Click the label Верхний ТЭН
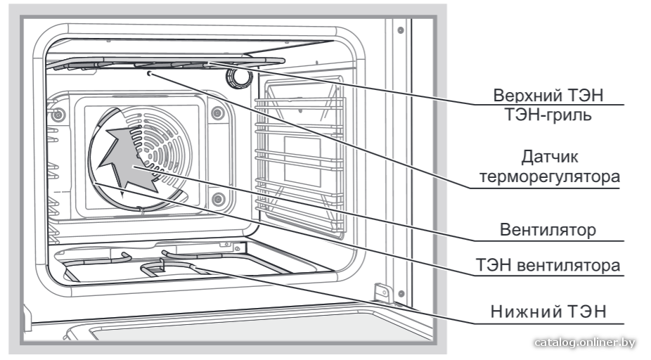[x=548, y=96]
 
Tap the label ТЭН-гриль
[x=548, y=114]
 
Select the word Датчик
[x=550, y=157]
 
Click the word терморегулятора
[x=550, y=177]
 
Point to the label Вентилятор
[x=548, y=230]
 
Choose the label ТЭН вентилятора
[x=548, y=265]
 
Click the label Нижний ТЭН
[x=548, y=311]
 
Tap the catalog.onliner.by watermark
[x=585, y=342]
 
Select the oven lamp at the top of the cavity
[x=239, y=77]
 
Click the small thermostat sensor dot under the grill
[x=150, y=74]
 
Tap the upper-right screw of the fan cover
[x=217, y=112]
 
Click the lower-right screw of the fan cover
[x=219, y=199]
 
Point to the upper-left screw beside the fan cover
[x=58, y=114]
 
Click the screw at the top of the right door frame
[x=401, y=30]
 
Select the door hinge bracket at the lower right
[x=382, y=292]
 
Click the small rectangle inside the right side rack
[x=302, y=162]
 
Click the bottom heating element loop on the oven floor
[x=174, y=266]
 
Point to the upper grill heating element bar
[x=166, y=63]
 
